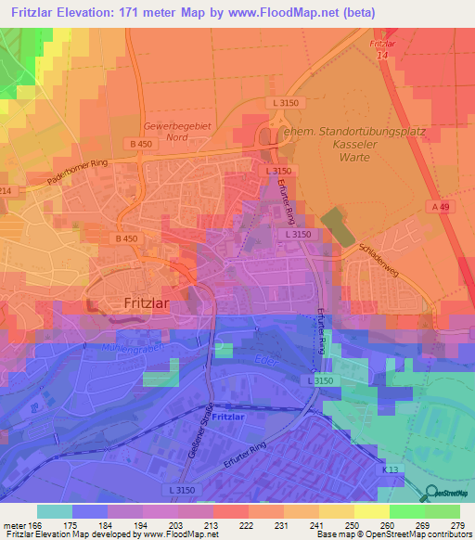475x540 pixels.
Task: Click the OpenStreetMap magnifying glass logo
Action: coord(431,493)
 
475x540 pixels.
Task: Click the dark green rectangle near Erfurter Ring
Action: coord(338,228)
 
